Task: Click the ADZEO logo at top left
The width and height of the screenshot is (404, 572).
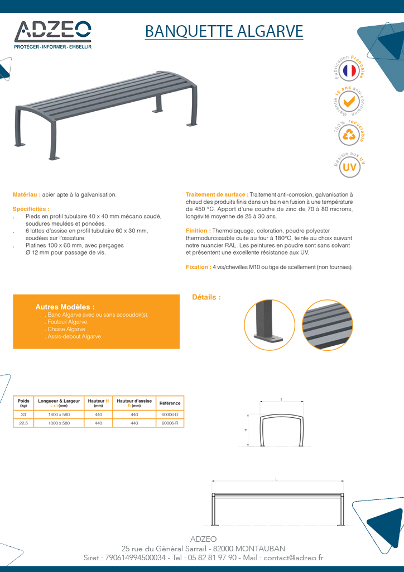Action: point(52,34)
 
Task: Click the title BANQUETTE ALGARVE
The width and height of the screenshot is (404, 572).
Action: point(224,31)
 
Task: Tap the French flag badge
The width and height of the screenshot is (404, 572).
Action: point(349,70)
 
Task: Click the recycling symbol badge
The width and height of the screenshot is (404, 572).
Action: point(349,135)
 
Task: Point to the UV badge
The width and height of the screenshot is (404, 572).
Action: point(349,166)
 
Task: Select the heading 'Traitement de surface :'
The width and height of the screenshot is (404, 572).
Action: point(217,194)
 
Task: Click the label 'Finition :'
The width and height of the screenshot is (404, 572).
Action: point(198,231)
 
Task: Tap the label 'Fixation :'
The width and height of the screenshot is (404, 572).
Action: point(198,268)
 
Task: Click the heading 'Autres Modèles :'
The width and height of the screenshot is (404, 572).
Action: point(65,307)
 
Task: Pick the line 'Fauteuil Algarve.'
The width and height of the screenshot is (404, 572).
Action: point(68,322)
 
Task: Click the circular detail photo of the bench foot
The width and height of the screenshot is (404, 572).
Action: point(270,326)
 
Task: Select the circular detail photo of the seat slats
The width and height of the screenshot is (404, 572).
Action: point(327,326)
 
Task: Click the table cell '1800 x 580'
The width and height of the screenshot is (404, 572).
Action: point(59,415)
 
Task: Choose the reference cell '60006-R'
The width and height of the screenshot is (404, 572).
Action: point(170,423)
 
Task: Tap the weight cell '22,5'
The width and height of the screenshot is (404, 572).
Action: point(23,423)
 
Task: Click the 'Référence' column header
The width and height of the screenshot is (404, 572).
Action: point(170,403)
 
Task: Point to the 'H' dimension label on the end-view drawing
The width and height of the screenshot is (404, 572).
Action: point(246,431)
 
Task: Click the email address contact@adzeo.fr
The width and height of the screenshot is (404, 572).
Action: point(293,557)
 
